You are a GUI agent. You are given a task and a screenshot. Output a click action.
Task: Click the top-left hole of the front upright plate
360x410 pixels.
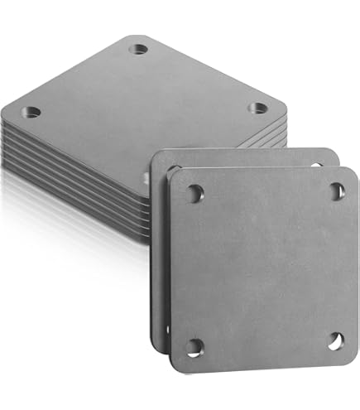194,192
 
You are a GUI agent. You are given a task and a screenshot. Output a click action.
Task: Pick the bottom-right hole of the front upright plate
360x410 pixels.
336,340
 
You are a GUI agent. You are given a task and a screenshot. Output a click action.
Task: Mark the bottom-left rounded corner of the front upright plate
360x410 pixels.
174,367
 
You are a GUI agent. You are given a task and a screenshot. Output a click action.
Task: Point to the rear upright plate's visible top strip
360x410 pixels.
248,155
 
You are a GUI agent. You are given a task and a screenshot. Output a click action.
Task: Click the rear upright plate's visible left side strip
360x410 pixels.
157,248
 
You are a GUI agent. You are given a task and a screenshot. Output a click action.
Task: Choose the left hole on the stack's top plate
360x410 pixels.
31,112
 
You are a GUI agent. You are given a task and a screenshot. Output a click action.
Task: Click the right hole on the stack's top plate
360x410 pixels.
257,108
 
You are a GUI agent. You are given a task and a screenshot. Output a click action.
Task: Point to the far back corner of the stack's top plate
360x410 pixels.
132,37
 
